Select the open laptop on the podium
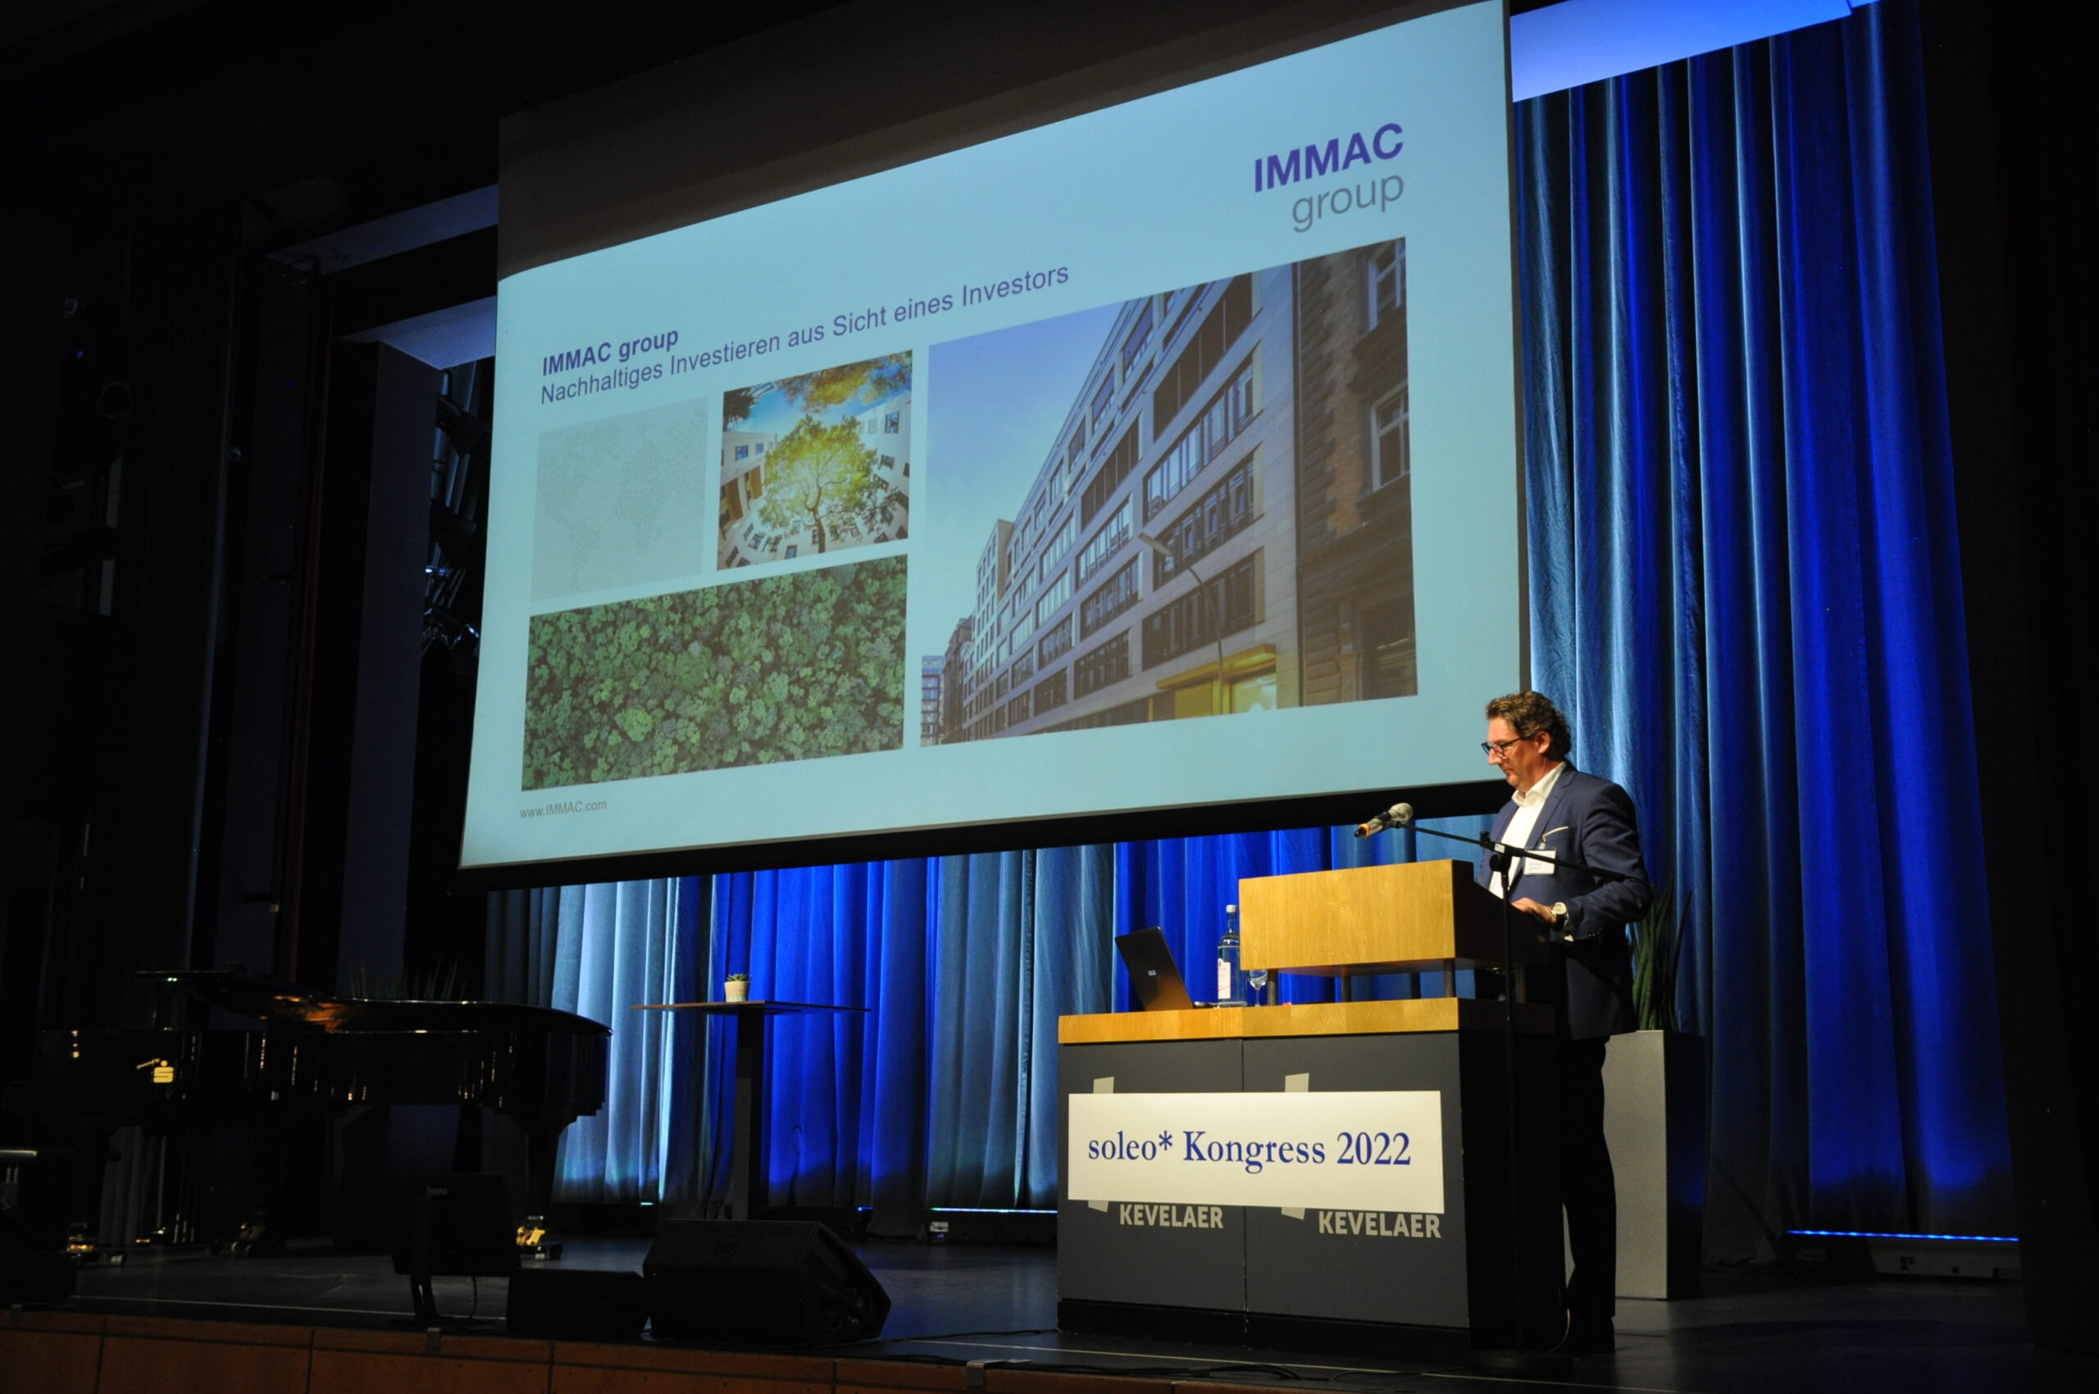click(x=1154, y=968)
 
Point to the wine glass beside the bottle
click(x=1257, y=985)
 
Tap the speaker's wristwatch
click(x=1558, y=911)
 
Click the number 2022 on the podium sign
click(x=1373, y=1149)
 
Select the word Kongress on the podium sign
click(x=1254, y=1150)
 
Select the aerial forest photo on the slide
click(x=715, y=672)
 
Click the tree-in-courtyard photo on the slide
click(x=814, y=460)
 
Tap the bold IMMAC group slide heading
click(x=610, y=351)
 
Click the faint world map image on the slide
click(x=620, y=498)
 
